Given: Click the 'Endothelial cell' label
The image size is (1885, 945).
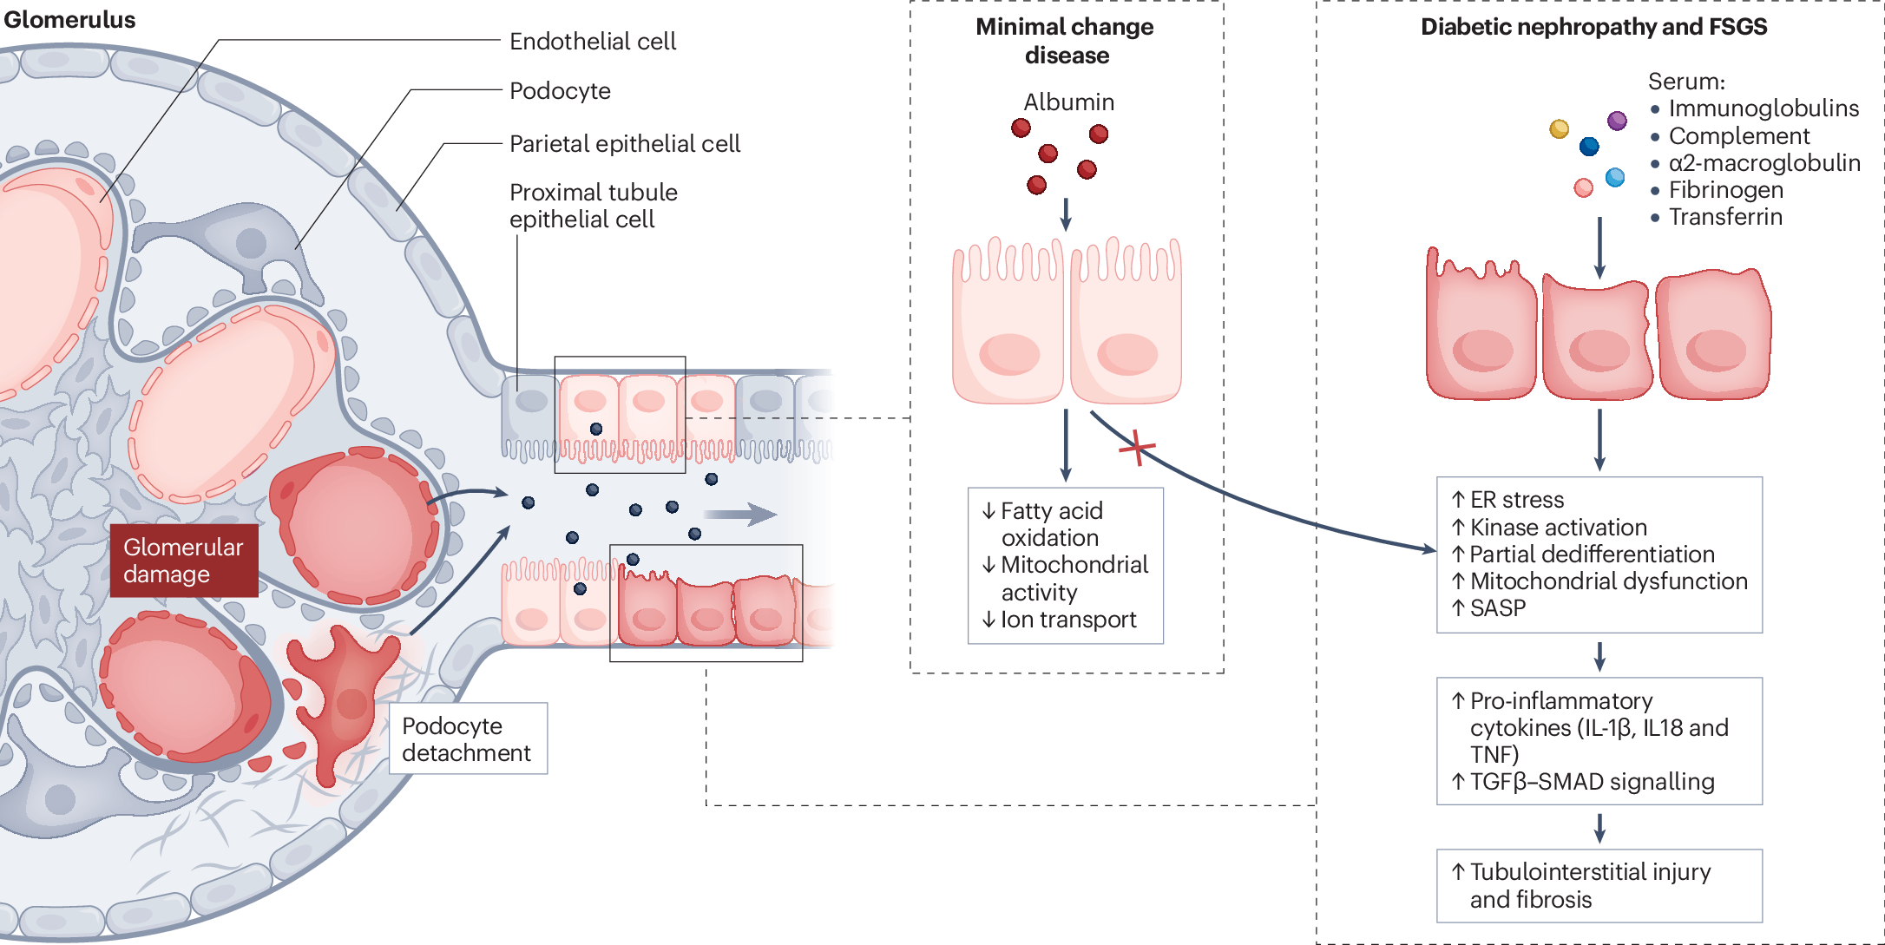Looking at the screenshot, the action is [x=593, y=41].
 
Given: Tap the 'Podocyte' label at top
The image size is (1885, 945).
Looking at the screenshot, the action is [x=560, y=91].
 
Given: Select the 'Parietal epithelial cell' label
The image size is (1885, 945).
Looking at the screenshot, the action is [x=625, y=143].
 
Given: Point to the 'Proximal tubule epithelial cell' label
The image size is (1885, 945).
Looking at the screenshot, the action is [x=594, y=206].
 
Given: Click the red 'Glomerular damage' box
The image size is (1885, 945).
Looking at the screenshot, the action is [x=184, y=561].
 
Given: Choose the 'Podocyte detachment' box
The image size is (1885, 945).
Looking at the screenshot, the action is [x=468, y=738].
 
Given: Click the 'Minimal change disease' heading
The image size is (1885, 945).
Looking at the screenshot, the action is [x=1065, y=41].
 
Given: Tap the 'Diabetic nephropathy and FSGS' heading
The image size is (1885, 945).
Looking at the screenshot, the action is [x=1593, y=27].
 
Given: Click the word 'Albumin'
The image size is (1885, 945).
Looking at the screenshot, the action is [x=1068, y=102].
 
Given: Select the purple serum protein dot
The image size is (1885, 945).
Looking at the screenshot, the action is [x=1617, y=121].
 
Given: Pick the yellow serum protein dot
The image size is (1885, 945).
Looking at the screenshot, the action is [x=1560, y=129].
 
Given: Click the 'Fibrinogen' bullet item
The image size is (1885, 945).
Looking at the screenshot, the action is [x=1717, y=190].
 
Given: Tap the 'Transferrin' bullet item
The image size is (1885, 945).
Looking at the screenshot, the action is [x=1717, y=217].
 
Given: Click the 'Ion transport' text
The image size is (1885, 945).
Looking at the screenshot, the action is [x=1059, y=620].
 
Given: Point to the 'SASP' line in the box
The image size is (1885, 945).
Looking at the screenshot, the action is [x=1489, y=608].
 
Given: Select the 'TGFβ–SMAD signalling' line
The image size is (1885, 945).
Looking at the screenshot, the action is [x=1583, y=782].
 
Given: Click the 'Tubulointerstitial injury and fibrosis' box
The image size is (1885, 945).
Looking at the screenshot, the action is [x=1599, y=886].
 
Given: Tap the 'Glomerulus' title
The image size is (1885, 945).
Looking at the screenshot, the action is [x=70, y=20].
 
